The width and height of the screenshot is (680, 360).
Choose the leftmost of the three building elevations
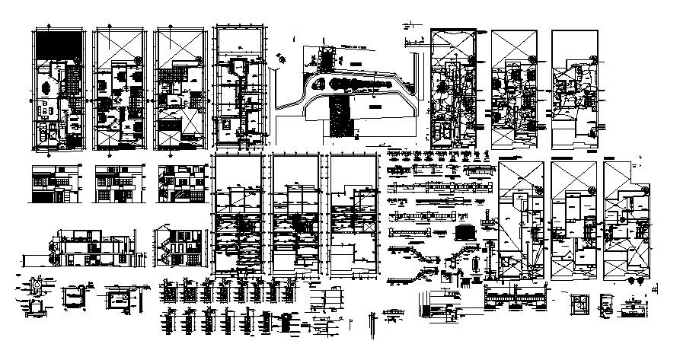[x=53, y=183]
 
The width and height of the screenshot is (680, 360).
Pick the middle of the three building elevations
[x=115, y=183]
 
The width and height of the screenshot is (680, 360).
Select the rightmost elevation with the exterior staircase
[x=179, y=183]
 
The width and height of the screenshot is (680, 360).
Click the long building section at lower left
[x=91, y=244]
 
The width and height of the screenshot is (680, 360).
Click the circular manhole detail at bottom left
[x=34, y=291]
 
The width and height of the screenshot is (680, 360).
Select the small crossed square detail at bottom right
[x=580, y=304]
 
